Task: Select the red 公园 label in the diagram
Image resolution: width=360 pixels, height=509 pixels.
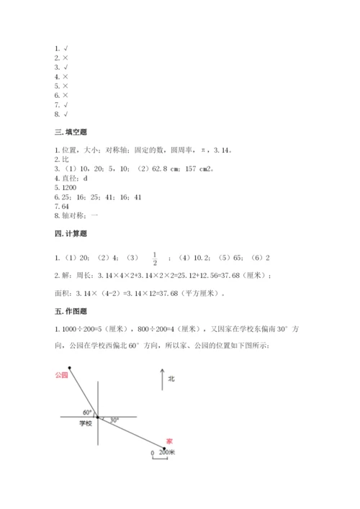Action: pyautogui.click(x=60, y=375)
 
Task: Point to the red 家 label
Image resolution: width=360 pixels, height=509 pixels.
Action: pyautogui.click(x=169, y=441)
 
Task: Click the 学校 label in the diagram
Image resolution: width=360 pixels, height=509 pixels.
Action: pyautogui.click(x=86, y=425)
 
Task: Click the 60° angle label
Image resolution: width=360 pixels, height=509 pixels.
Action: pyautogui.click(x=87, y=412)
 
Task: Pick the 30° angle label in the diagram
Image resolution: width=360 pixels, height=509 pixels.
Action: pyautogui.click(x=114, y=420)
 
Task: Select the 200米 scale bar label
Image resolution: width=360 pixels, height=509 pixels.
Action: pyautogui.click(x=166, y=452)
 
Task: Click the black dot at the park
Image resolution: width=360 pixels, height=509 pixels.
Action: pyautogui.click(x=70, y=368)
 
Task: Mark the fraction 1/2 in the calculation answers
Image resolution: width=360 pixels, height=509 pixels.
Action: pyautogui.click(x=153, y=258)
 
